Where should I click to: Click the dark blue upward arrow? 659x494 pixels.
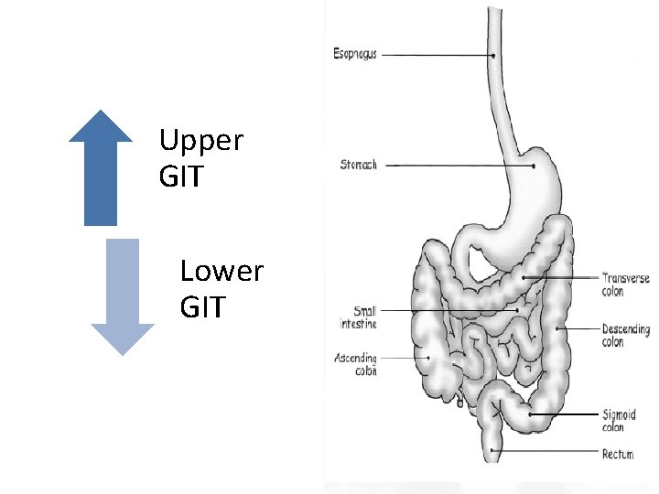coord(101,169)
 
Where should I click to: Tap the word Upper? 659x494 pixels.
coord(200,142)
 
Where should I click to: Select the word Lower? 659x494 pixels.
coord(221,272)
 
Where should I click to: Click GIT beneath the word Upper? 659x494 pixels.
coord(181,177)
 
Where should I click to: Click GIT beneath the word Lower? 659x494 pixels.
coord(202,307)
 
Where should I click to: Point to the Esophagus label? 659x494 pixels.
coord(355,54)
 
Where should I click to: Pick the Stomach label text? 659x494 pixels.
coord(358,166)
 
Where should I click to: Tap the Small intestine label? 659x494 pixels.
coord(358,317)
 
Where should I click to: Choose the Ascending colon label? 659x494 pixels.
coord(355,364)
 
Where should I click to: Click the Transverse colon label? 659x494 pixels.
coord(625,285)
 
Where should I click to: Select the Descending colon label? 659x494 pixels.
coord(626,335)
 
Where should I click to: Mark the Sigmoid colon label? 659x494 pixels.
coord(620,421)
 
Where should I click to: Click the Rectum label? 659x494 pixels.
coord(619,454)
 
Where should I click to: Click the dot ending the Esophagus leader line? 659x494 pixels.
coord(493,55)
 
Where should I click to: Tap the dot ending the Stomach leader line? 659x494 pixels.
coord(534,166)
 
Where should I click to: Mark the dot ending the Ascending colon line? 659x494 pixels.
coord(428,358)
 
